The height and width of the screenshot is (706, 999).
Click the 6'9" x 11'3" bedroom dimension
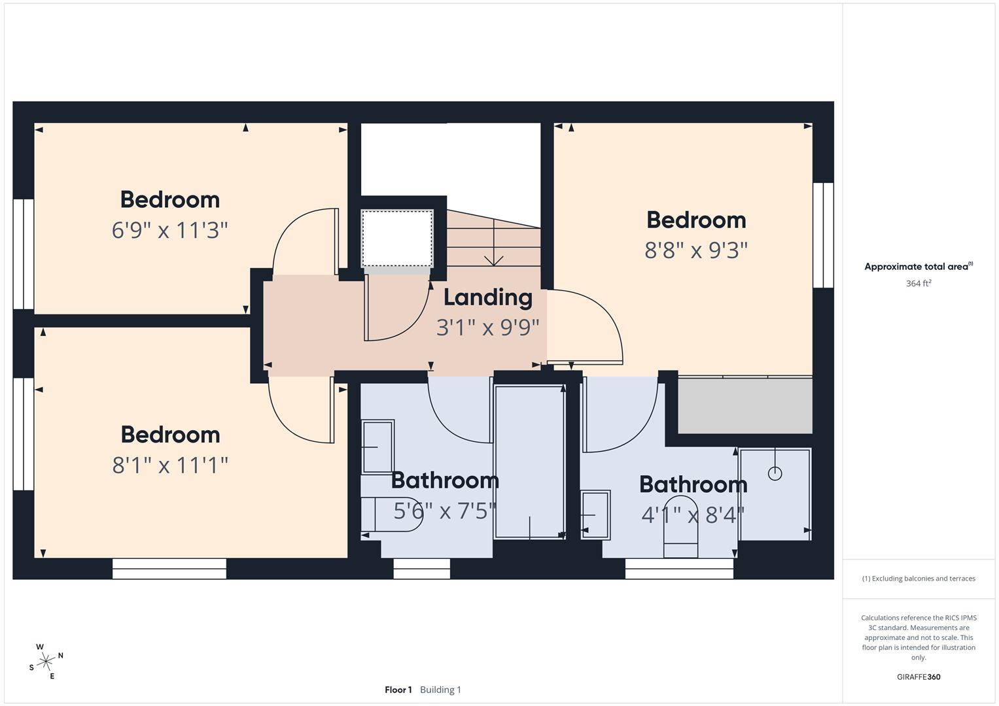(x=169, y=230)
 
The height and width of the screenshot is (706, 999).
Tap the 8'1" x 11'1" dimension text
(x=170, y=465)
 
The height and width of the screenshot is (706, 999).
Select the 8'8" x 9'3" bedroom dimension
(x=695, y=250)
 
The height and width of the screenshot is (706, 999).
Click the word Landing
(x=487, y=297)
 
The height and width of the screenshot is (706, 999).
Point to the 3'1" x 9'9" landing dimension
(x=487, y=327)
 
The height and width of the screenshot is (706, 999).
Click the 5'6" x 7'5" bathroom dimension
(x=444, y=511)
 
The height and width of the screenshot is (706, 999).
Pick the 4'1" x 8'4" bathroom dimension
(x=693, y=515)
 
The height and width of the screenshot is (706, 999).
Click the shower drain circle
(x=775, y=474)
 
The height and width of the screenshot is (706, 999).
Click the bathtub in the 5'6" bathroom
(x=529, y=462)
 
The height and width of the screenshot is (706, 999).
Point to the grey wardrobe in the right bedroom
(x=745, y=405)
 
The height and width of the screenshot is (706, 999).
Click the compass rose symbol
(x=45, y=662)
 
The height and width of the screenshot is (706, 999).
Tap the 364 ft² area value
(x=919, y=284)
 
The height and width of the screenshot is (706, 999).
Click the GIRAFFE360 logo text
(x=919, y=677)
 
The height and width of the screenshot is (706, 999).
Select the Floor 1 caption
(x=398, y=690)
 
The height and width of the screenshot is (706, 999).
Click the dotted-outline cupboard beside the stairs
(x=397, y=238)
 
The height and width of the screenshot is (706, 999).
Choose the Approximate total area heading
(x=918, y=267)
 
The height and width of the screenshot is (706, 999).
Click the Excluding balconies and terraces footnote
(x=919, y=579)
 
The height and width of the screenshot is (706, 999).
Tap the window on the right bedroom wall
(x=823, y=235)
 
